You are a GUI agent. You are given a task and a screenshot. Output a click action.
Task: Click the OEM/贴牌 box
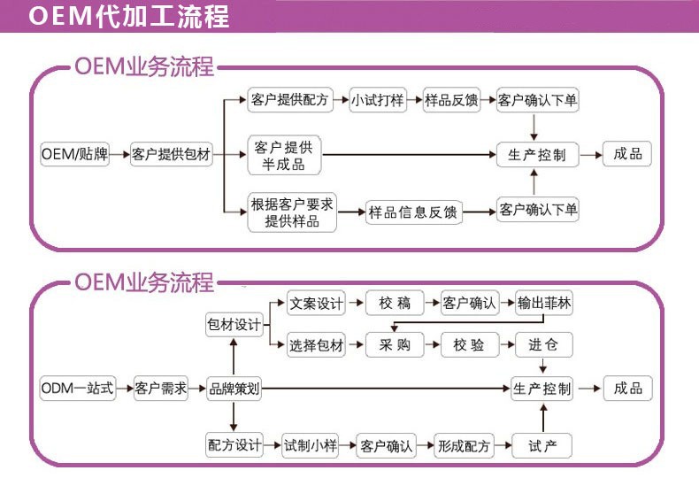[x=75, y=154]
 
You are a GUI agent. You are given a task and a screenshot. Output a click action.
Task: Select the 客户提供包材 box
[x=171, y=154]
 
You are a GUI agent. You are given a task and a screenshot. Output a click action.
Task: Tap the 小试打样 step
[x=378, y=100]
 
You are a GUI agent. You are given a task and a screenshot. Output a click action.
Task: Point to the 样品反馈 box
[x=451, y=100]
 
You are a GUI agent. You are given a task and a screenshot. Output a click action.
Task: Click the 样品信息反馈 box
[x=413, y=212]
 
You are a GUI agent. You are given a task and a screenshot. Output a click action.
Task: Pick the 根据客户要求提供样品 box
[x=292, y=212]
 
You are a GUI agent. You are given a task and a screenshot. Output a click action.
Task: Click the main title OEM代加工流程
[x=128, y=17]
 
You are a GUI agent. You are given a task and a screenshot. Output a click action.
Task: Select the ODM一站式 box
[x=77, y=388]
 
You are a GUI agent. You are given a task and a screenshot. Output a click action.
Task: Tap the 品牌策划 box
[x=234, y=388]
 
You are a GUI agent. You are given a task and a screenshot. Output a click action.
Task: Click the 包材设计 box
[x=234, y=325]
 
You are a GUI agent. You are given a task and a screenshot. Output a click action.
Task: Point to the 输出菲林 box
[x=544, y=303]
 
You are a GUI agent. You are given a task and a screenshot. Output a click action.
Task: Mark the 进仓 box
[x=544, y=345]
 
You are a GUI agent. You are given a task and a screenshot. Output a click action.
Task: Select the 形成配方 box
[x=464, y=445]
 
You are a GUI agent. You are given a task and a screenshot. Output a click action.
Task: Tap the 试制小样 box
[x=310, y=445]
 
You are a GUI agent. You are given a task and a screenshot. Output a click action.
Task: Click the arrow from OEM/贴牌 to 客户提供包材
[x=119, y=154]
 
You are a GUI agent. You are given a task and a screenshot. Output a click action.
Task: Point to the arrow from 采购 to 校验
[x=433, y=345]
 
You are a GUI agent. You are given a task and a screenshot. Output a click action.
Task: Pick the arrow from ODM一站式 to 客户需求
[x=125, y=388]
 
